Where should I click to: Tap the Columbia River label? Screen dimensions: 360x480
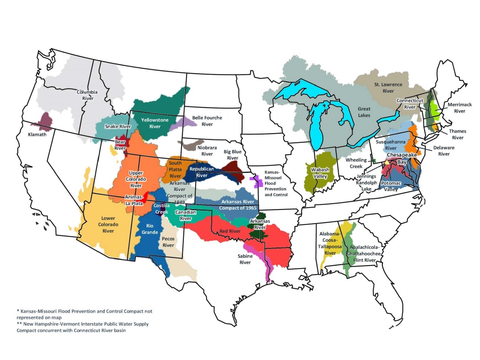pos(87,95)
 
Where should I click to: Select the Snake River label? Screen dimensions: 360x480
pos(117,127)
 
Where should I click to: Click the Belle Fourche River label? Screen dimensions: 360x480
pos(207,121)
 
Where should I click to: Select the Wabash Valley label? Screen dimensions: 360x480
pos(320,173)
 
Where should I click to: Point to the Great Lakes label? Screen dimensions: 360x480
pos(364,112)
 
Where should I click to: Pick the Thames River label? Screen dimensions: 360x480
pos(458,135)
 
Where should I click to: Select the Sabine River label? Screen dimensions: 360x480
pos(245,259)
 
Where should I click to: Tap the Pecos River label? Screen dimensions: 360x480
pos(168,242)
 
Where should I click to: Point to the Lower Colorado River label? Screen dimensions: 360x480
pos(108,224)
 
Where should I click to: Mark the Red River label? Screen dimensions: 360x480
pos(229,231)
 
